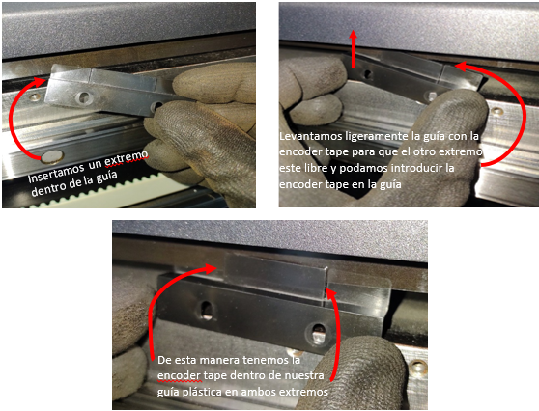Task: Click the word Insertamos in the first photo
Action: tap(55, 173)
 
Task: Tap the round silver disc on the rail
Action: tap(52, 157)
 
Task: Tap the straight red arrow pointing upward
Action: tap(353, 48)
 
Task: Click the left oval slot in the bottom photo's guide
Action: tap(207, 310)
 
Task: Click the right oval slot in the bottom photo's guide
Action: tap(319, 333)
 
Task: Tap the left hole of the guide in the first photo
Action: tap(83, 97)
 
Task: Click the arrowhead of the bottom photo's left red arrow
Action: tap(210, 269)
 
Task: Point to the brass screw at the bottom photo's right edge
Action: tap(417, 367)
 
